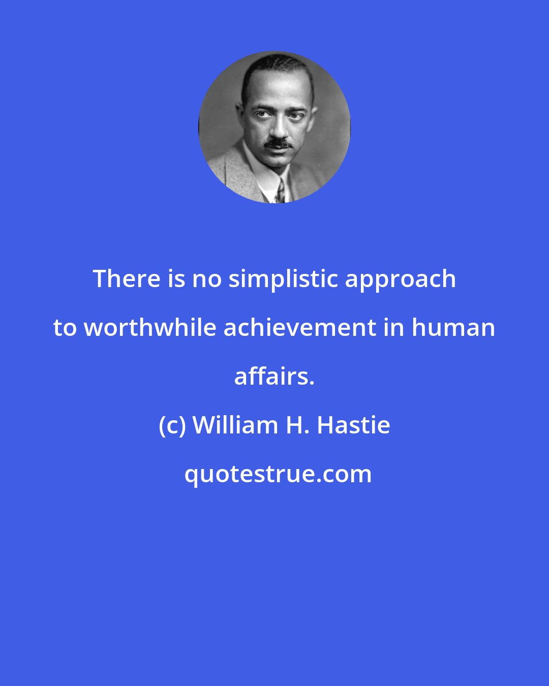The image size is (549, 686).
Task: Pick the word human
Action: [453, 327]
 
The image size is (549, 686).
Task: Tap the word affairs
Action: [274, 376]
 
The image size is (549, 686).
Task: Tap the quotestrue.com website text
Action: [278, 474]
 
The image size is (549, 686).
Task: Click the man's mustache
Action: [279, 144]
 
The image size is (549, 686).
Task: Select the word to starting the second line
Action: [65, 327]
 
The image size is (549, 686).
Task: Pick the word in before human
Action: [393, 327]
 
